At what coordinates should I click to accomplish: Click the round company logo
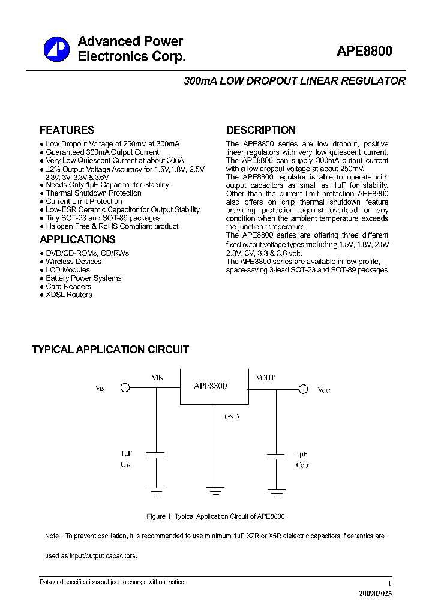click(56, 49)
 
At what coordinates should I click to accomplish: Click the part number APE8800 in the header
click(364, 52)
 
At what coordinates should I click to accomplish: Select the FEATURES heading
click(67, 130)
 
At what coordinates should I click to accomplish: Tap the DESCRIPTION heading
click(260, 130)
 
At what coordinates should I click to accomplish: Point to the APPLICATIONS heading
click(77, 239)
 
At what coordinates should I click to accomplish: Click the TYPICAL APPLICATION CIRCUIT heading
click(110, 350)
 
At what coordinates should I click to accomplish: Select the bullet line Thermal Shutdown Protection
click(94, 193)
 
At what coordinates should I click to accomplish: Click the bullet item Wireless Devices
click(74, 262)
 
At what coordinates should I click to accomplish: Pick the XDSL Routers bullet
click(69, 295)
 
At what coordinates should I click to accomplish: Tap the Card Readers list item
click(68, 286)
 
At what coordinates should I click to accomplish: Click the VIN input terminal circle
click(125, 388)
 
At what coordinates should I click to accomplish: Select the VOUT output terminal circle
click(303, 389)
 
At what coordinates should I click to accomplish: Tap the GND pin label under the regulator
click(232, 417)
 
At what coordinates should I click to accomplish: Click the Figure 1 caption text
click(215, 516)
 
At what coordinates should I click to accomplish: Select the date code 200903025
click(376, 593)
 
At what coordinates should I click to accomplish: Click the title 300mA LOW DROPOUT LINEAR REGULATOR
click(295, 81)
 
